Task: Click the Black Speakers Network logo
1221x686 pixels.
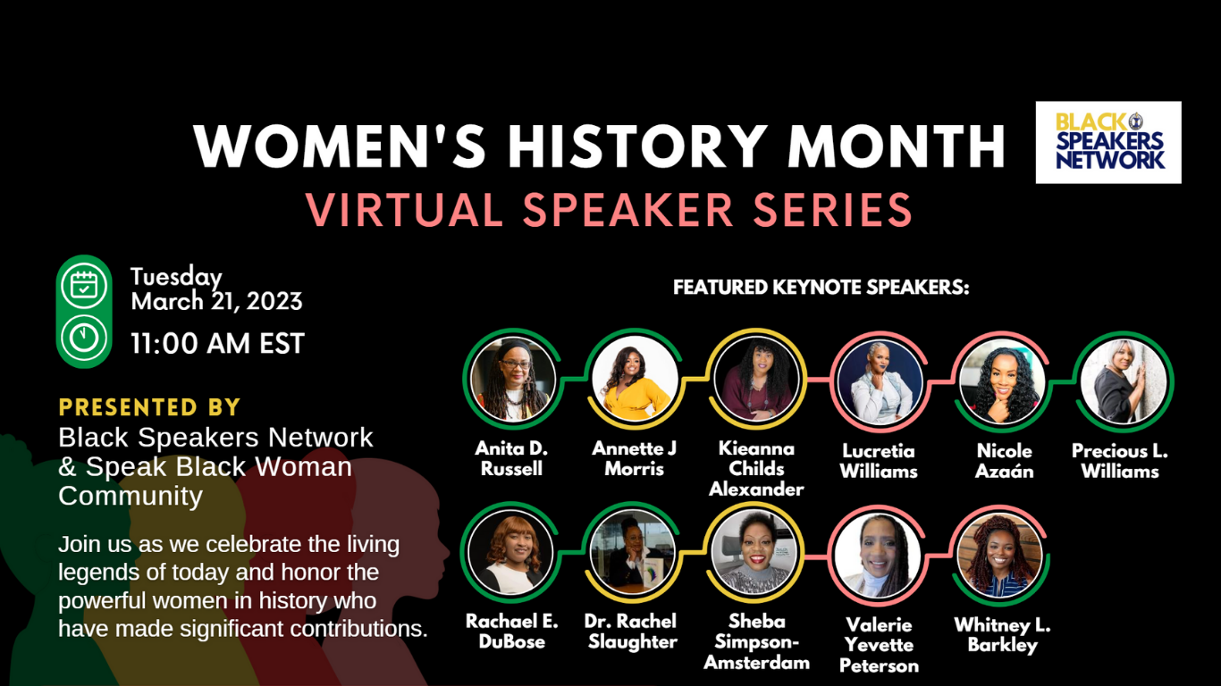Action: (1108, 142)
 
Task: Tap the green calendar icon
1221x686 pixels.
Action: (84, 286)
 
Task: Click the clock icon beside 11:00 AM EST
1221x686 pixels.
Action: (84, 338)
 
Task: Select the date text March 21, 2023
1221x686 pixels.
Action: (216, 301)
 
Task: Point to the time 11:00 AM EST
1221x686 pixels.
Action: (217, 344)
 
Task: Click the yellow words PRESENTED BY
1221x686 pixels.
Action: (149, 407)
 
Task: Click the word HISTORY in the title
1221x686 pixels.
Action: (635, 146)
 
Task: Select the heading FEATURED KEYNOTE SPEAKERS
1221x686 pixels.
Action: (821, 287)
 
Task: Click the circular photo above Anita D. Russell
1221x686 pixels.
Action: (512, 380)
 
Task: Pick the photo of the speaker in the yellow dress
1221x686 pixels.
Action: (635, 379)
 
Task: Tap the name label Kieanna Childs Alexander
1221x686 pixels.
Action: (756, 469)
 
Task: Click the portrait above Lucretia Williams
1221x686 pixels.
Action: (879, 382)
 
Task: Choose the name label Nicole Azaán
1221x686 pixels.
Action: (1004, 461)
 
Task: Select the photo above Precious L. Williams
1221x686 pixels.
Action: (1124, 382)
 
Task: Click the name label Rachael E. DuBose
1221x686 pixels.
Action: (511, 631)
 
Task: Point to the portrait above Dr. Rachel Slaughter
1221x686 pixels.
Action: (632, 551)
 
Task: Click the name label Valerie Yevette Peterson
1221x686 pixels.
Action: (879, 645)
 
